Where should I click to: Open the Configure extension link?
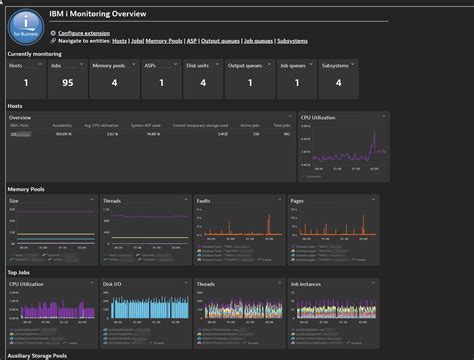84,32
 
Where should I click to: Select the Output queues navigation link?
224,41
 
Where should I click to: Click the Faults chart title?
204,200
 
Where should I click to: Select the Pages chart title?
298,200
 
